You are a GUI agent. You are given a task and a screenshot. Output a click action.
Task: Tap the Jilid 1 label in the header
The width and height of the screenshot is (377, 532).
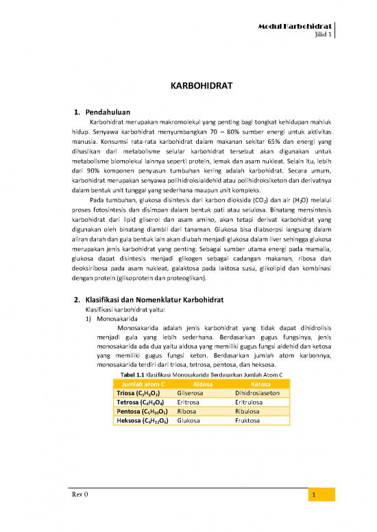click(x=323, y=34)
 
